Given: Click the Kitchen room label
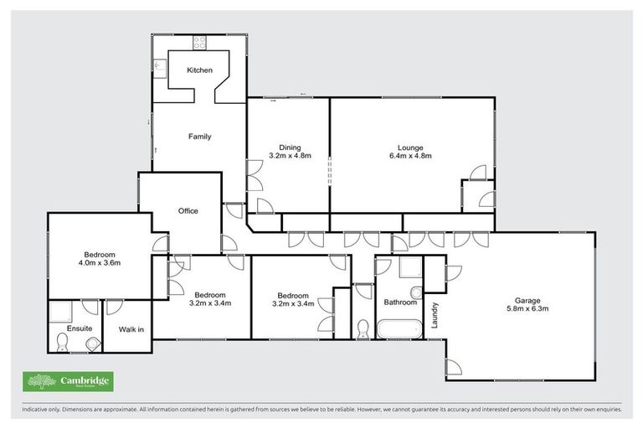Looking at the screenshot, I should click(199, 70).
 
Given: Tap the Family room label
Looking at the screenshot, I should click(199, 137).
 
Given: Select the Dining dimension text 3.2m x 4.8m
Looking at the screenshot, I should click(291, 156).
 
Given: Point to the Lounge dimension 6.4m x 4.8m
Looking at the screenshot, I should click(410, 156).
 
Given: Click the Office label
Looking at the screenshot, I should click(188, 211).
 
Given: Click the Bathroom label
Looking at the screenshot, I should click(400, 302).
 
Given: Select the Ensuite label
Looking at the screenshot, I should click(80, 329).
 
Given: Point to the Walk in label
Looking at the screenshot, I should click(131, 329).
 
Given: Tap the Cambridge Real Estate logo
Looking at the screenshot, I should click(67, 382).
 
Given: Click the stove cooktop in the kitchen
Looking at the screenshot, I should click(201, 42).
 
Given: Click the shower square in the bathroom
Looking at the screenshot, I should click(412, 268).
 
